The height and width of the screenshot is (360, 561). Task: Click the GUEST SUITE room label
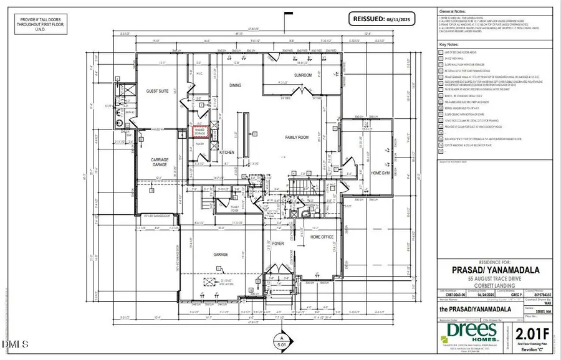click(158, 91)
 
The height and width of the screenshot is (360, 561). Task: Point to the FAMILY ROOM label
click(298, 137)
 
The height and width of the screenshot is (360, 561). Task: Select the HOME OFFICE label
click(323, 237)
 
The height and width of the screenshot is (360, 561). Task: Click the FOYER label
click(278, 244)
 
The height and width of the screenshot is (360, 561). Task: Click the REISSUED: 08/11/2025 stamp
click(384, 18)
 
